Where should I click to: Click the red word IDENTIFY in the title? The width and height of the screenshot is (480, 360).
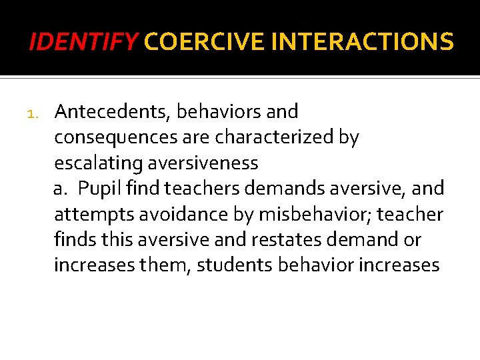click(83, 43)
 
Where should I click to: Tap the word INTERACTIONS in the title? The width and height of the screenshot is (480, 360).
click(363, 43)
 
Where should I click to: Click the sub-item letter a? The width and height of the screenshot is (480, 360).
click(61, 189)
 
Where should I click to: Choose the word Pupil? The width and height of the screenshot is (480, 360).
click(97, 189)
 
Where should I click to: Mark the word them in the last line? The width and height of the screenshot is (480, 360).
click(162, 265)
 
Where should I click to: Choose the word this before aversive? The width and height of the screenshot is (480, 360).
click(113, 239)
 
